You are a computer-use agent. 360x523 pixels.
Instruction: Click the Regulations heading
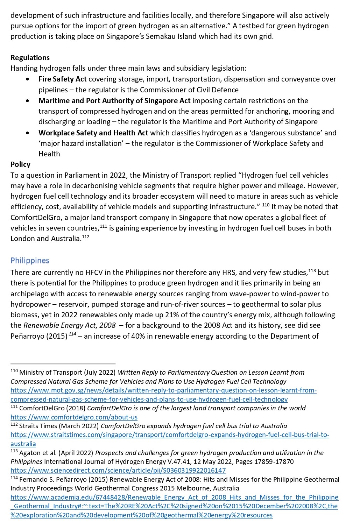click(30, 58)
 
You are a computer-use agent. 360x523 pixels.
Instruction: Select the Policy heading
click(20, 164)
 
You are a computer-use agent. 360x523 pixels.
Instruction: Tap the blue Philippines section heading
click(30, 261)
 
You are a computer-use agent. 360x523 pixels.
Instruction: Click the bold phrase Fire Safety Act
click(62, 79)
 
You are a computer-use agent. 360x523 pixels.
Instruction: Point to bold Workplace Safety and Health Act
click(93, 133)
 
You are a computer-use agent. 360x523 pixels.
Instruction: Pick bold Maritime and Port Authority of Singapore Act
click(114, 101)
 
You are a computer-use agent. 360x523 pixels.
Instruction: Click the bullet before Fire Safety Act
click(28, 79)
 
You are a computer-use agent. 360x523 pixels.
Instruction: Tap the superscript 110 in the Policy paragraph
click(266, 205)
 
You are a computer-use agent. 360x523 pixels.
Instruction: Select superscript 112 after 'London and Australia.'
click(85, 237)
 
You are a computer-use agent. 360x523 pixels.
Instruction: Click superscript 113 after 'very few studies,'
click(312, 270)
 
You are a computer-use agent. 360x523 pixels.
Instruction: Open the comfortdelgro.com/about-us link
click(74, 417)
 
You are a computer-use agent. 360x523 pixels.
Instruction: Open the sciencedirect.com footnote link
click(118, 470)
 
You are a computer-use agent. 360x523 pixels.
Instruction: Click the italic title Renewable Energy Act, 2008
click(69, 325)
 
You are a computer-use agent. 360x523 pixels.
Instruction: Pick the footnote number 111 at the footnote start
click(14, 407)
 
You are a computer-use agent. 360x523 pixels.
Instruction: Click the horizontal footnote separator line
click(63, 364)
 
